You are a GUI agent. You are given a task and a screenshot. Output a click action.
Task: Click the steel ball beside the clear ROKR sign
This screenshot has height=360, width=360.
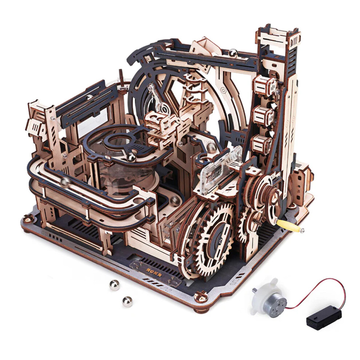[x=211, y=147]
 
